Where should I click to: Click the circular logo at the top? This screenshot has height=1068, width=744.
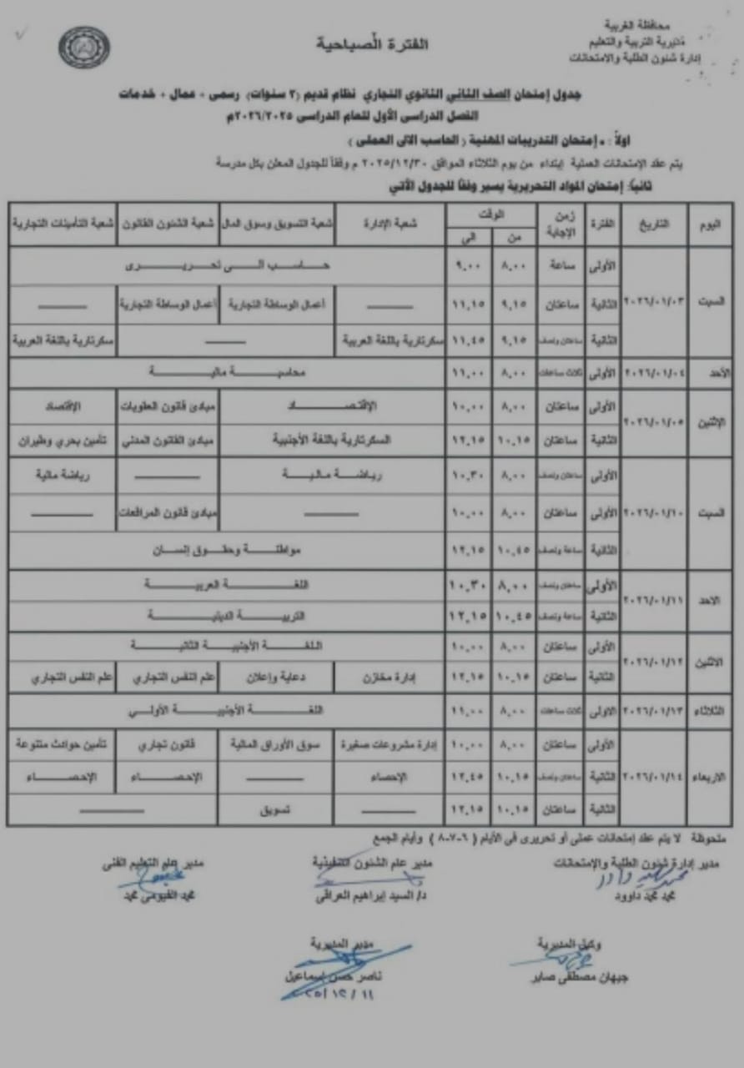tap(84, 48)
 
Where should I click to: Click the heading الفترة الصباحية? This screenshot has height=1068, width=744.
tap(372, 43)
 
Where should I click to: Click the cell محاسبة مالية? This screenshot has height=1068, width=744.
tap(228, 373)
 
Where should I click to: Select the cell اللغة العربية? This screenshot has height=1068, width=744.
tap(228, 585)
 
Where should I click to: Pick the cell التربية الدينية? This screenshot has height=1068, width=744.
tap(228, 616)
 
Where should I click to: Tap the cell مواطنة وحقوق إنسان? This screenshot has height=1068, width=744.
tap(228, 552)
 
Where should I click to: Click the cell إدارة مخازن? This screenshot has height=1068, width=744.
tap(390, 678)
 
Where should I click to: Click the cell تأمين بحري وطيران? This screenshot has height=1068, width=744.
tap(63, 438)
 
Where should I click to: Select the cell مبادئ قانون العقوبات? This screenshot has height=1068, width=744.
tap(168, 406)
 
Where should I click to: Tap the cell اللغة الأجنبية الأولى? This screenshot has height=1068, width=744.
tap(228, 711)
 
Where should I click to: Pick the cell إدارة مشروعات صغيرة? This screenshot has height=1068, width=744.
tap(390, 744)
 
